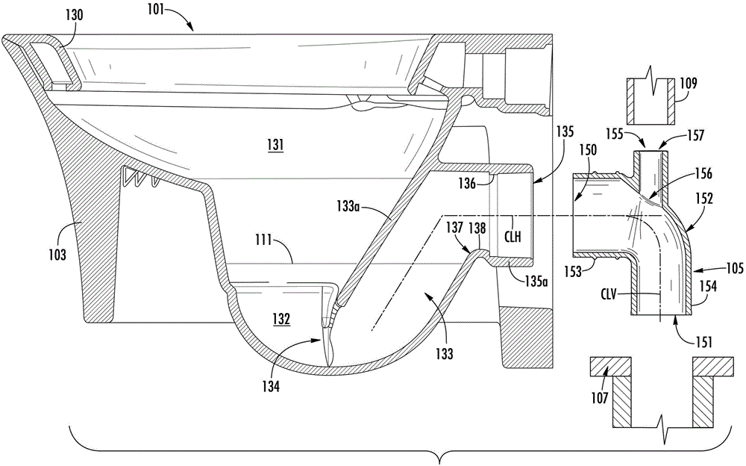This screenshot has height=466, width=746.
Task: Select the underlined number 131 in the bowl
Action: tap(275, 144)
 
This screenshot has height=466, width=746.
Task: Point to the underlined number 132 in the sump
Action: tap(280, 318)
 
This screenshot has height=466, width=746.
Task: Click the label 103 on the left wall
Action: tap(57, 255)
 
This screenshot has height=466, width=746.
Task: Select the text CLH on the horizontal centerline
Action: tap(514, 236)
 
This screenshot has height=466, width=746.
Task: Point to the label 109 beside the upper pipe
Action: tap(688, 84)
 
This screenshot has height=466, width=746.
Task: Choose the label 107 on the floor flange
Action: tap(599, 397)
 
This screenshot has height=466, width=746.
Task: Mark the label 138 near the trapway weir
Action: tap(477, 229)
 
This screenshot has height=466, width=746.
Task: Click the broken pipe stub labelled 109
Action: tap(651, 102)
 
